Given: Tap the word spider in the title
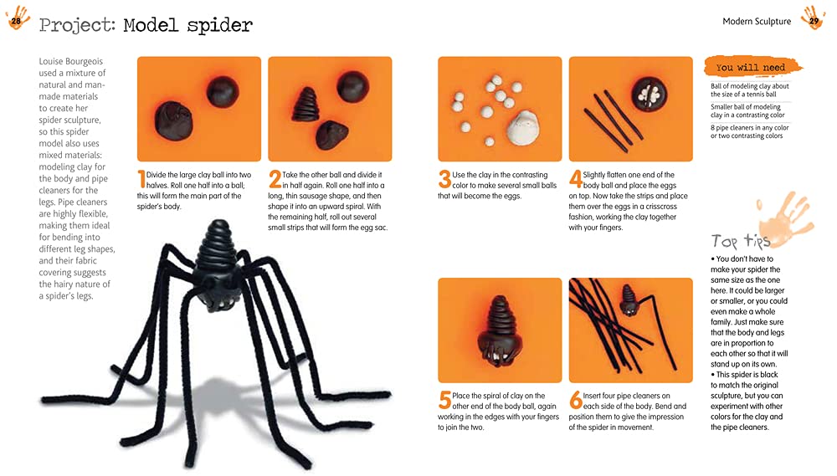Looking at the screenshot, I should tap(219, 25).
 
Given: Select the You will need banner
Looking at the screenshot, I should tap(751, 67).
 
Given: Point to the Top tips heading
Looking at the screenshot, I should tap(740, 242).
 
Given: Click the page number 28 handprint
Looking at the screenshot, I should tap(17, 17).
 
